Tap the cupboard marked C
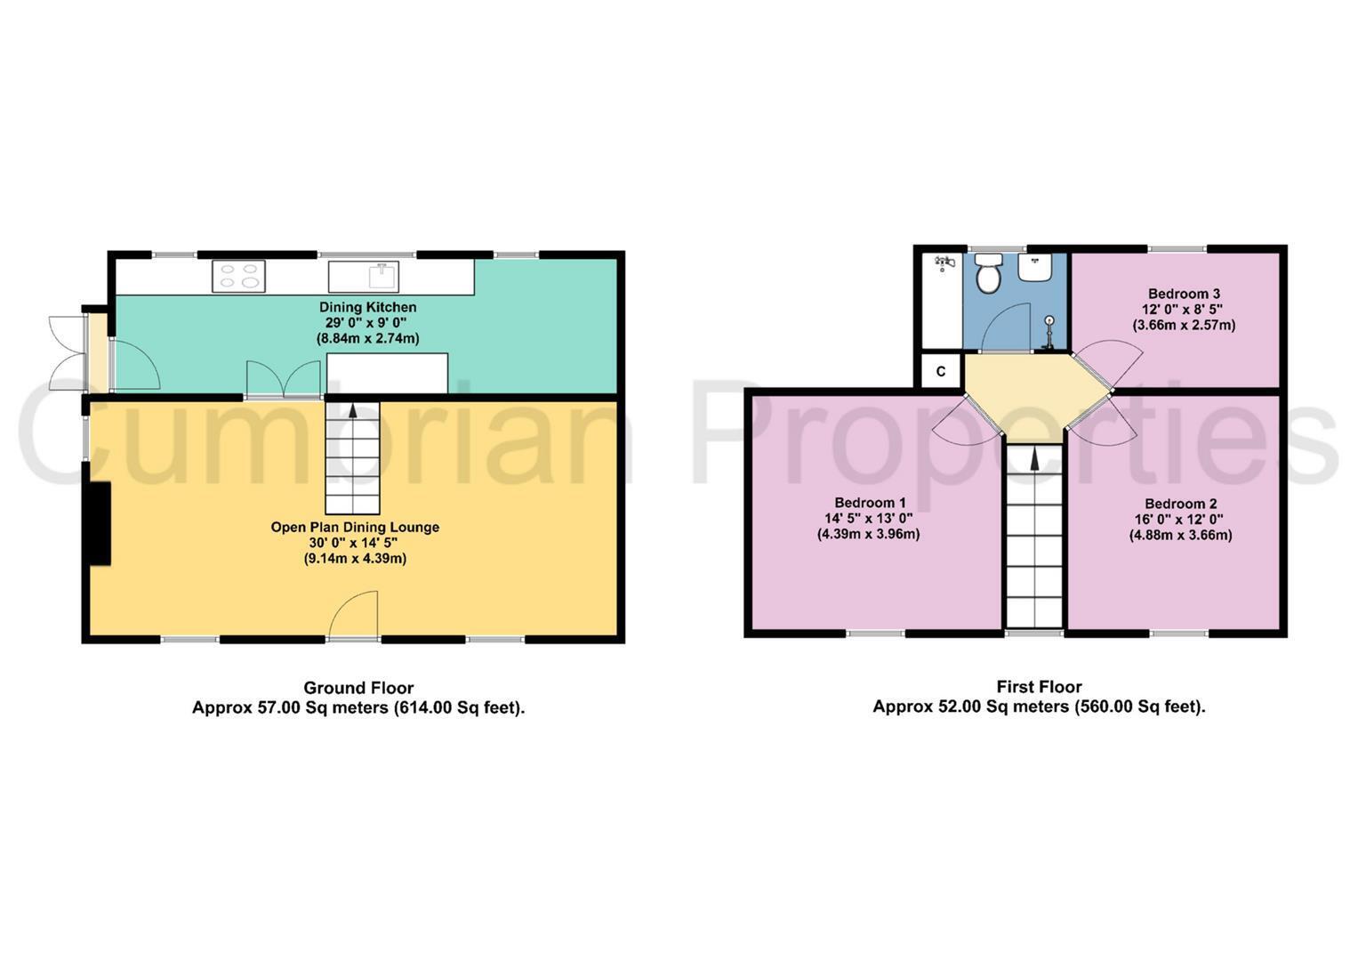coord(941,371)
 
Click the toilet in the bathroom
coord(988,274)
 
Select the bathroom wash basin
coord(1034,268)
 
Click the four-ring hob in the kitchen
coord(239,277)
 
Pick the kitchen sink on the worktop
coord(364,277)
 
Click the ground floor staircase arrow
coord(353,411)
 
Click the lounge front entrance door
coord(353,614)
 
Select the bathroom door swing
coord(1006,327)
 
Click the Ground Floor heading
coord(358,687)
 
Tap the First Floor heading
coord(1039,686)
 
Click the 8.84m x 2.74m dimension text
coord(368,338)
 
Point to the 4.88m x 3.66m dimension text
coord(1180,535)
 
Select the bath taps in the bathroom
coord(944,262)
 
